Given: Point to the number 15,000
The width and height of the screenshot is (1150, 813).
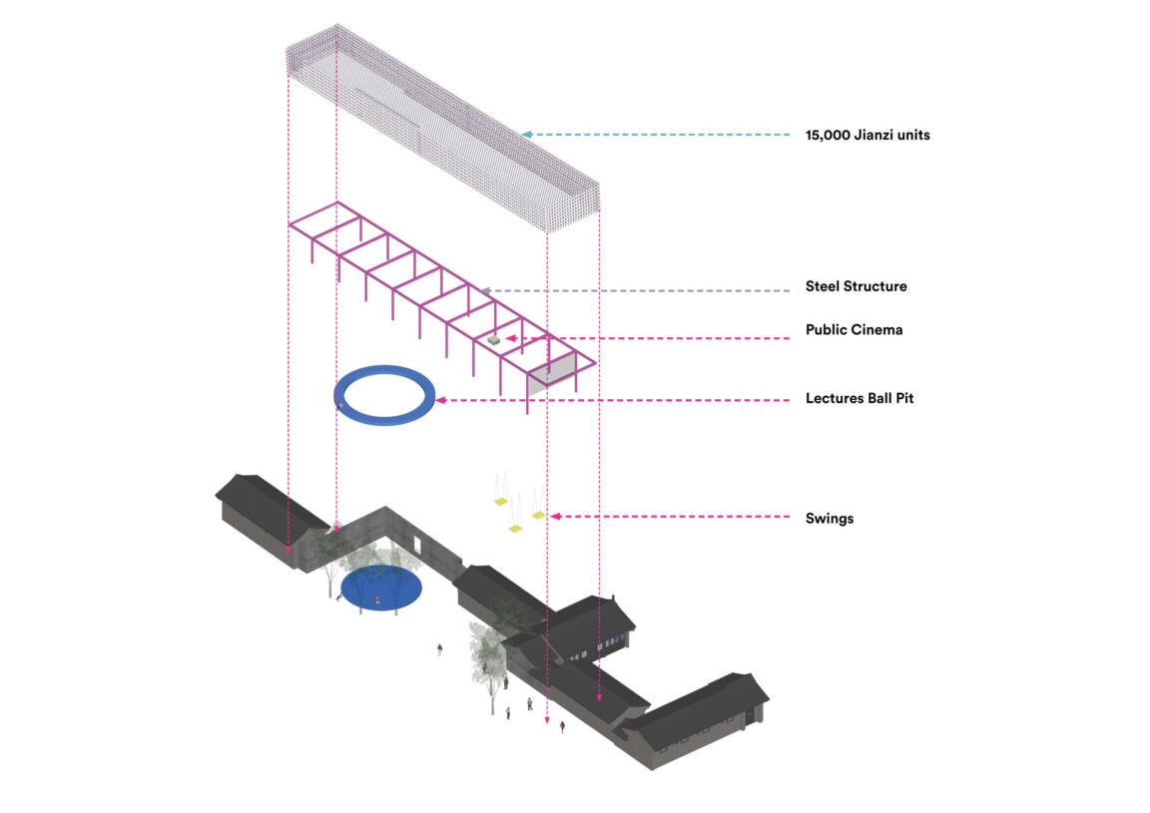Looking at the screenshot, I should tap(828, 135).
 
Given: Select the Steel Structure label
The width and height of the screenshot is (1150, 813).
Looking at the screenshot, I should tap(856, 286).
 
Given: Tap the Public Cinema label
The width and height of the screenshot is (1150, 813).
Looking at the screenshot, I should tap(854, 329).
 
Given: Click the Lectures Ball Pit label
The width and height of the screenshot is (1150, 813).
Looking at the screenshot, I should tap(860, 398).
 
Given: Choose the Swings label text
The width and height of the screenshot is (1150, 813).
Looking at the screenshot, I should tap(829, 519).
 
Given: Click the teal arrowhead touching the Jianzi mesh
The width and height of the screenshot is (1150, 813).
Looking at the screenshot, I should tap(525, 134).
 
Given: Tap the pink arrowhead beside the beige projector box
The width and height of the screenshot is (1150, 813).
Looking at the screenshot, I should tap(509, 339).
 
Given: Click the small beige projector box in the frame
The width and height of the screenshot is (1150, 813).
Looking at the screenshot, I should tap(492, 341).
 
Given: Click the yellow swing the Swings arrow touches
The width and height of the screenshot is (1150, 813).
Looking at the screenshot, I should tap(539, 515).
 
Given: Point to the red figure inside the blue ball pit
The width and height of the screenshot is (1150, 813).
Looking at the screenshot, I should tap(376, 600).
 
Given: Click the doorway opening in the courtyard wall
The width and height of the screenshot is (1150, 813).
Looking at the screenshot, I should tap(418, 544).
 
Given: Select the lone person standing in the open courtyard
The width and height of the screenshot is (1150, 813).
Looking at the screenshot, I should tap(439, 650).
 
